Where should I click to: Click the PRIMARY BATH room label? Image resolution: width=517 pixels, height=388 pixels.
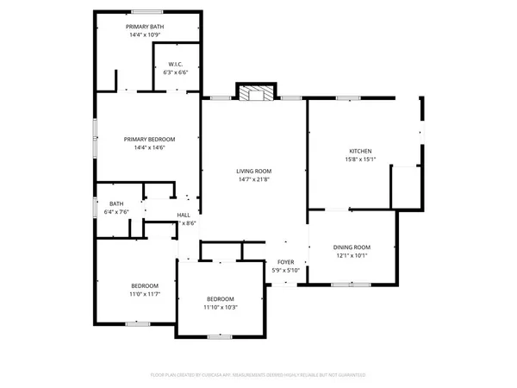pyautogui.click(x=146, y=27)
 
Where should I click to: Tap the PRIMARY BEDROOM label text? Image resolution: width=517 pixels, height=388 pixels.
pyautogui.click(x=149, y=140)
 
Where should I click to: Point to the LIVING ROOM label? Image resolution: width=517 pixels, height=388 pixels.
pyautogui.click(x=254, y=171)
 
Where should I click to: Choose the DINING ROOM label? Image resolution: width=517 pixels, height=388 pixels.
pyautogui.click(x=352, y=247)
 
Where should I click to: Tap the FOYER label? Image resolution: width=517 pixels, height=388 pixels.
pyautogui.click(x=285, y=262)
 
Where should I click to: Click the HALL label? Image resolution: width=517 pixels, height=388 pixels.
pyautogui.click(x=184, y=215)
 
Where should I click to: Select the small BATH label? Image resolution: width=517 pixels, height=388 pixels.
pyautogui.click(x=115, y=203)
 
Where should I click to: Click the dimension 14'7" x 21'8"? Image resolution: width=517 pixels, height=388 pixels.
pyautogui.click(x=254, y=179)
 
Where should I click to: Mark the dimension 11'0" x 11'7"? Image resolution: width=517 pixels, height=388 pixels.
pyautogui.click(x=145, y=294)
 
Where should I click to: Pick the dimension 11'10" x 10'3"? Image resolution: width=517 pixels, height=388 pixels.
pyautogui.click(x=220, y=307)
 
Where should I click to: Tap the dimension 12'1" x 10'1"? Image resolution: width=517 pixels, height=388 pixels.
pyautogui.click(x=352, y=255)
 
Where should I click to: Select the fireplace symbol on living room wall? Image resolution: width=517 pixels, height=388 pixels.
pyautogui.click(x=256, y=92)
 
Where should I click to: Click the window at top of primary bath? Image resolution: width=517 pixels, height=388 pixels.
pyautogui.click(x=146, y=11)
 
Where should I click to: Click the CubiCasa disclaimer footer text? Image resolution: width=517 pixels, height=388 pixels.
pyautogui.click(x=258, y=375)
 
